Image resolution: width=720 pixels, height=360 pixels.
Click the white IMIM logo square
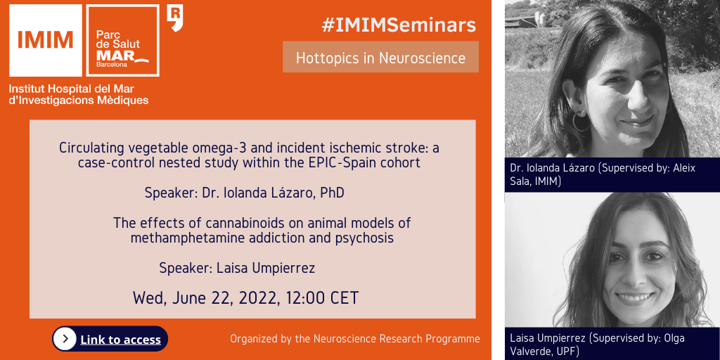pyautogui.click(x=46, y=40)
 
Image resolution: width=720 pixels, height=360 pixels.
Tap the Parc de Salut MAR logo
pyautogui.click(x=122, y=40)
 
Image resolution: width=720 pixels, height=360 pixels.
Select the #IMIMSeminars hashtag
pyautogui.click(x=399, y=26)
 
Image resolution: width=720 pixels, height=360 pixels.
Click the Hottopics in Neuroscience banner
pyautogui.click(x=380, y=58)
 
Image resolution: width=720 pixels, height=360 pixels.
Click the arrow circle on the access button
pyautogui.click(x=65, y=339)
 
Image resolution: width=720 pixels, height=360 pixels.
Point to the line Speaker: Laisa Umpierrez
pyautogui.click(x=237, y=268)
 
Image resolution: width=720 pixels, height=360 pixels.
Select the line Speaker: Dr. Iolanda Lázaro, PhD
pyautogui.click(x=244, y=193)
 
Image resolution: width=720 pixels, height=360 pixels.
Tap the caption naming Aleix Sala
pyautogui.click(x=603, y=174)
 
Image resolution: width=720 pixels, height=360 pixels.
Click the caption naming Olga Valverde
pyautogui.click(x=598, y=345)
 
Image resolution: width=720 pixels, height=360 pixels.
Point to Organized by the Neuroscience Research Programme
pyautogui.click(x=355, y=339)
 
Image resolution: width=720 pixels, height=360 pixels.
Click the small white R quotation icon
pyautogui.click(x=175, y=18)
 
